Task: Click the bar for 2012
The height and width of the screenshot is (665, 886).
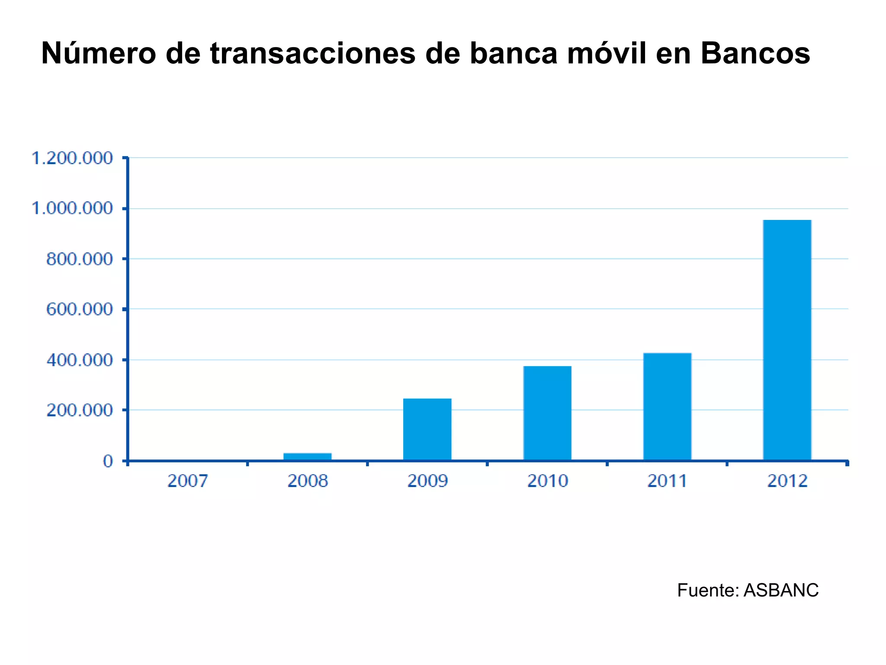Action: [787, 340]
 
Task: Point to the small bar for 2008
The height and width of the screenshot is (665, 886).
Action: [307, 456]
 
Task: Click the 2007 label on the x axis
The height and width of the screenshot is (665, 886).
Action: [188, 481]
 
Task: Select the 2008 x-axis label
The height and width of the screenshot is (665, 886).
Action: [308, 481]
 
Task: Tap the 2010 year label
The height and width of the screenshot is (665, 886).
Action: [547, 481]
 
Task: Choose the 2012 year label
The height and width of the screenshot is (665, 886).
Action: [787, 481]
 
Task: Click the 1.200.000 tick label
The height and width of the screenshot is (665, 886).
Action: [72, 158]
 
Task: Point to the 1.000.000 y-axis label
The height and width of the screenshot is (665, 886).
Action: [72, 209]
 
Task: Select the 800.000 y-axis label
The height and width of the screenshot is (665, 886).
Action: [79, 259]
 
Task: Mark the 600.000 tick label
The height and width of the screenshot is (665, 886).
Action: [79, 310]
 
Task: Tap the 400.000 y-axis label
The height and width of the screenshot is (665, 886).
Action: [79, 360]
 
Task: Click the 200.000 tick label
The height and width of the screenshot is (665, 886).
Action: [79, 410]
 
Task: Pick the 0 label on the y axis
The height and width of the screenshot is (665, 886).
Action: [108, 461]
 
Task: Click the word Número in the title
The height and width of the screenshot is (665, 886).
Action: [98, 54]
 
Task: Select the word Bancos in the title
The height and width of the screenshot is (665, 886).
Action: [755, 54]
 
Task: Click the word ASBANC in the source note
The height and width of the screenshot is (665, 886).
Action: [781, 591]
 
